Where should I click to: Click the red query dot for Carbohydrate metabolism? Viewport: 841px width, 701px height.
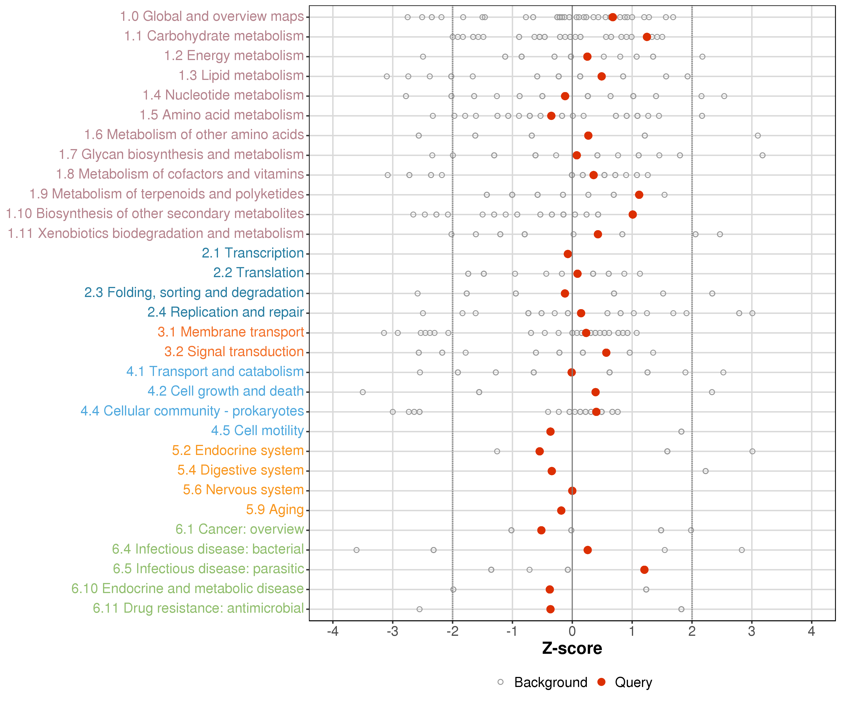[647, 37]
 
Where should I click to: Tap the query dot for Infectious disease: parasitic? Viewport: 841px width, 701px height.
[644, 570]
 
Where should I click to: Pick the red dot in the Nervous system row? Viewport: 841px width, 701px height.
[572, 491]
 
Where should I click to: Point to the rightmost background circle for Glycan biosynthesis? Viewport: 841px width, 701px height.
[763, 155]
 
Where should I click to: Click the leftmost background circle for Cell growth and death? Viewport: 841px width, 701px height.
[363, 392]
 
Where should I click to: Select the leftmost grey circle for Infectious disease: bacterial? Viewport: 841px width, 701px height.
[356, 550]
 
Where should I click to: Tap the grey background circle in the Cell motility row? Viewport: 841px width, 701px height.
[681, 431]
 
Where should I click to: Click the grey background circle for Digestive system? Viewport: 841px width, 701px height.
[706, 471]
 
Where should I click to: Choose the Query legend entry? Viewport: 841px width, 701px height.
[633, 682]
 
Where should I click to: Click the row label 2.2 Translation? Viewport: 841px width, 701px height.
[258, 273]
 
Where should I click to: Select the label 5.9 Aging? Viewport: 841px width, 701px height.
[275, 510]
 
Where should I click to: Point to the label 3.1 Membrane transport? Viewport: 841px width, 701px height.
[231, 332]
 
